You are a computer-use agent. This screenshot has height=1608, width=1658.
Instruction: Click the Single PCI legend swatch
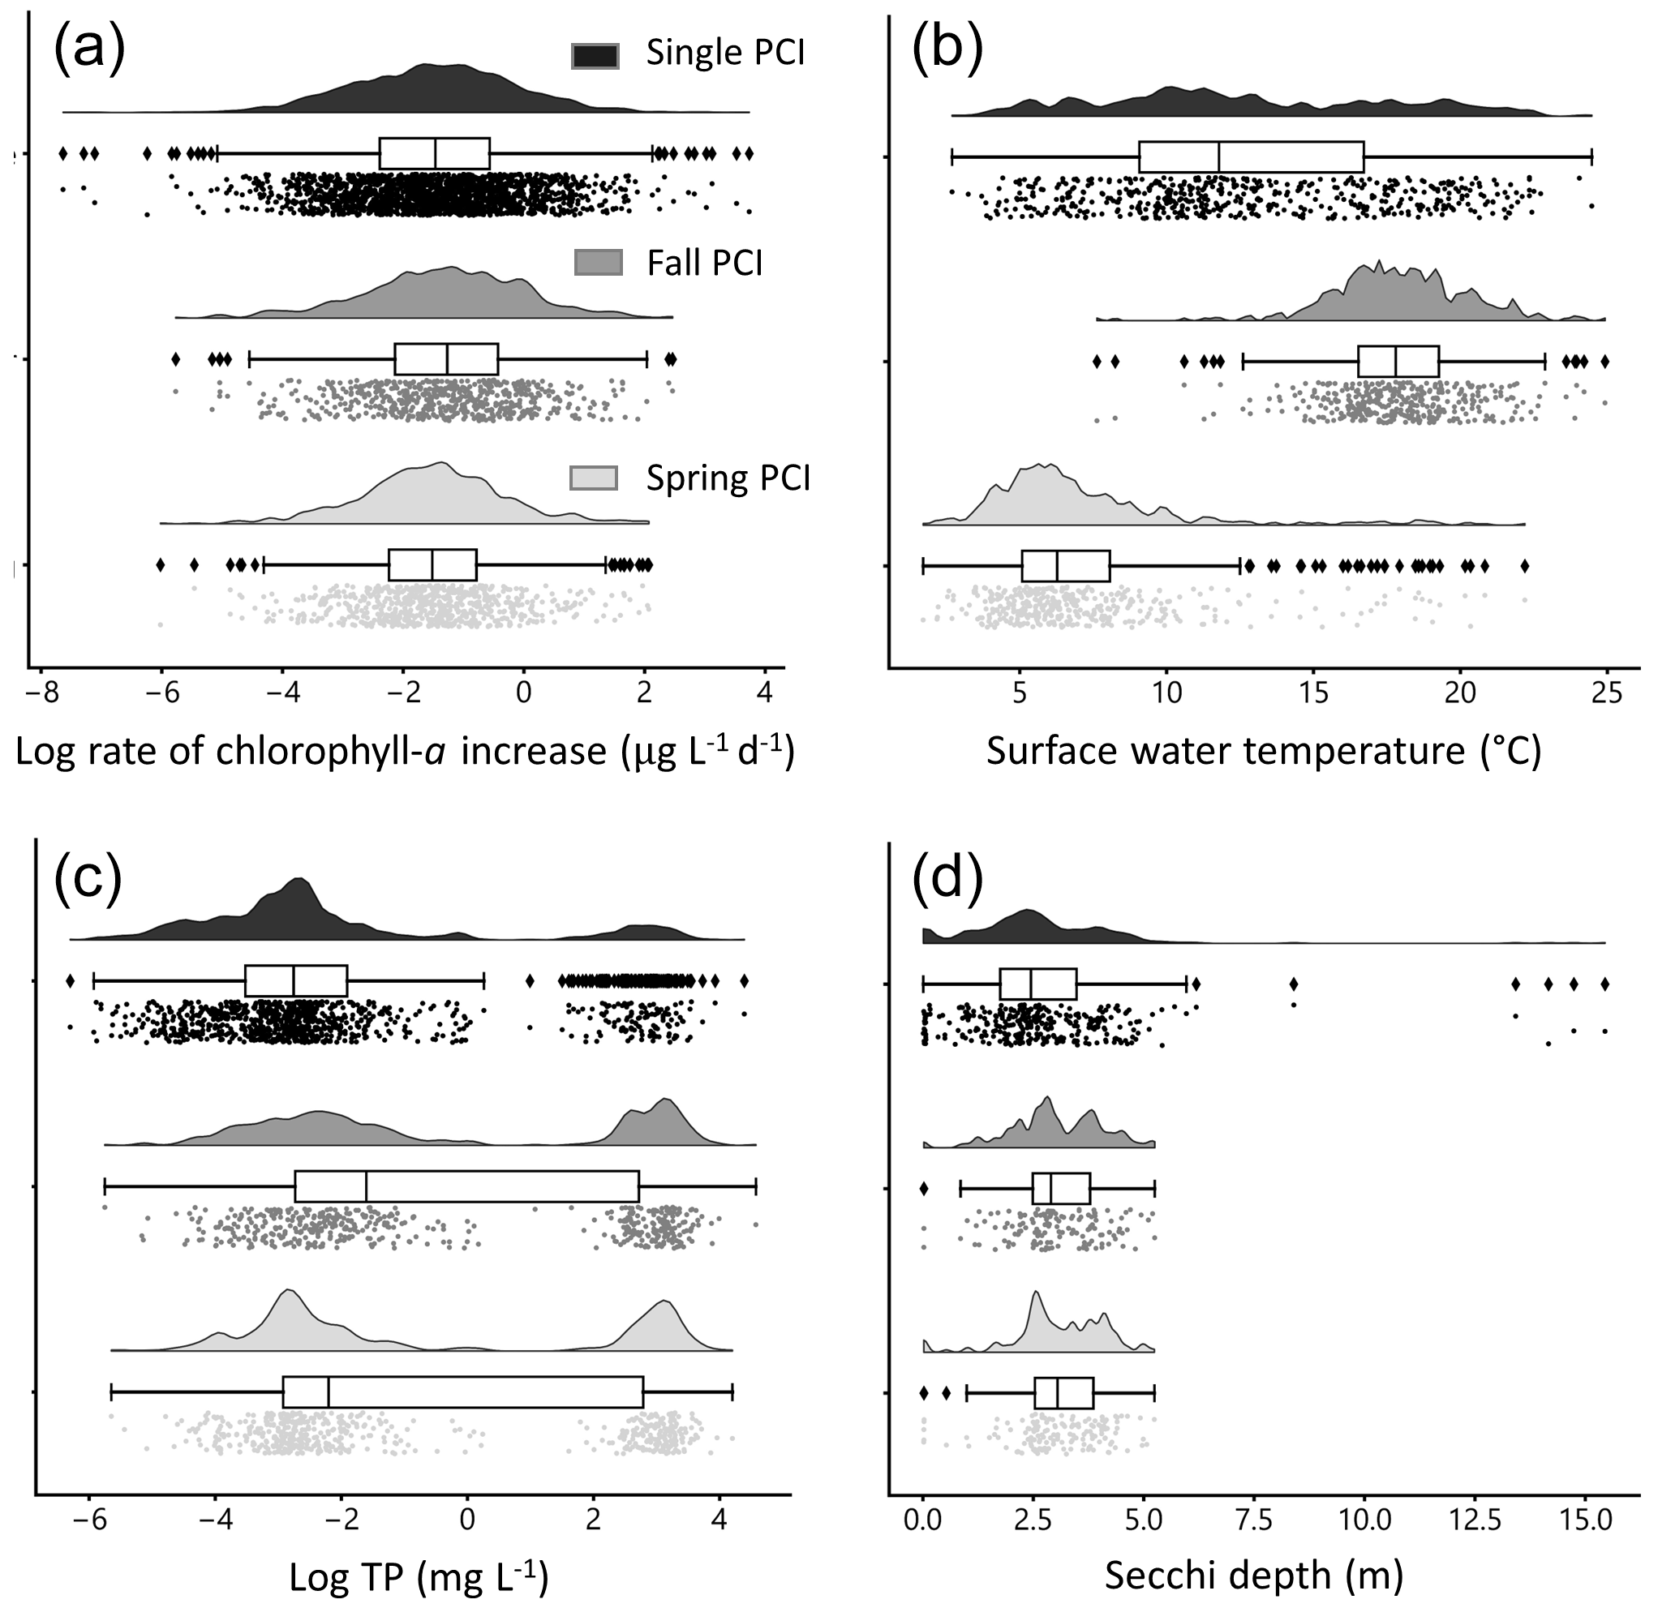(x=595, y=55)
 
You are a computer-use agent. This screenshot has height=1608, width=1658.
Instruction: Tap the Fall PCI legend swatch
(x=598, y=263)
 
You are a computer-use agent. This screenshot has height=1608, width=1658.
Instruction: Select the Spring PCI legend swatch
(x=594, y=478)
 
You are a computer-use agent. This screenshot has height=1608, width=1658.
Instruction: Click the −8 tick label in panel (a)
(x=41, y=694)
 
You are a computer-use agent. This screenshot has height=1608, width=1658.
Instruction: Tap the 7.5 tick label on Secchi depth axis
(x=1254, y=1522)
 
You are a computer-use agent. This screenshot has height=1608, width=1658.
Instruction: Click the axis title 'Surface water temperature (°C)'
(x=1264, y=751)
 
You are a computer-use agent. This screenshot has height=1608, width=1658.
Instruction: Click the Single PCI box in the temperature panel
(x=1251, y=157)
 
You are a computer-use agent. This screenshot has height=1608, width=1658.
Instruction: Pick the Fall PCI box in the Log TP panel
(x=467, y=1187)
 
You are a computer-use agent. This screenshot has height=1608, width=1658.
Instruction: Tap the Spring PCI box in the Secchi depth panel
(x=1064, y=1393)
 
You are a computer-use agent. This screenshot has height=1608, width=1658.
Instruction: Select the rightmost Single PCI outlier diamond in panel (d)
(x=1604, y=984)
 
